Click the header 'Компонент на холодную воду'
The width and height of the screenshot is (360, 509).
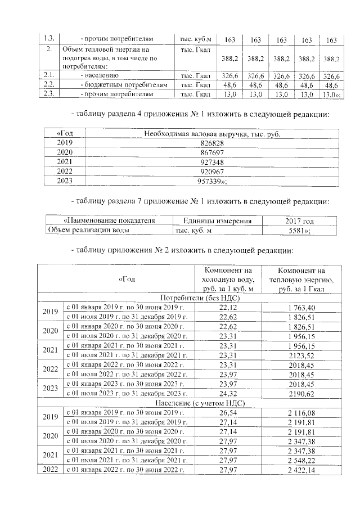[228, 278]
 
